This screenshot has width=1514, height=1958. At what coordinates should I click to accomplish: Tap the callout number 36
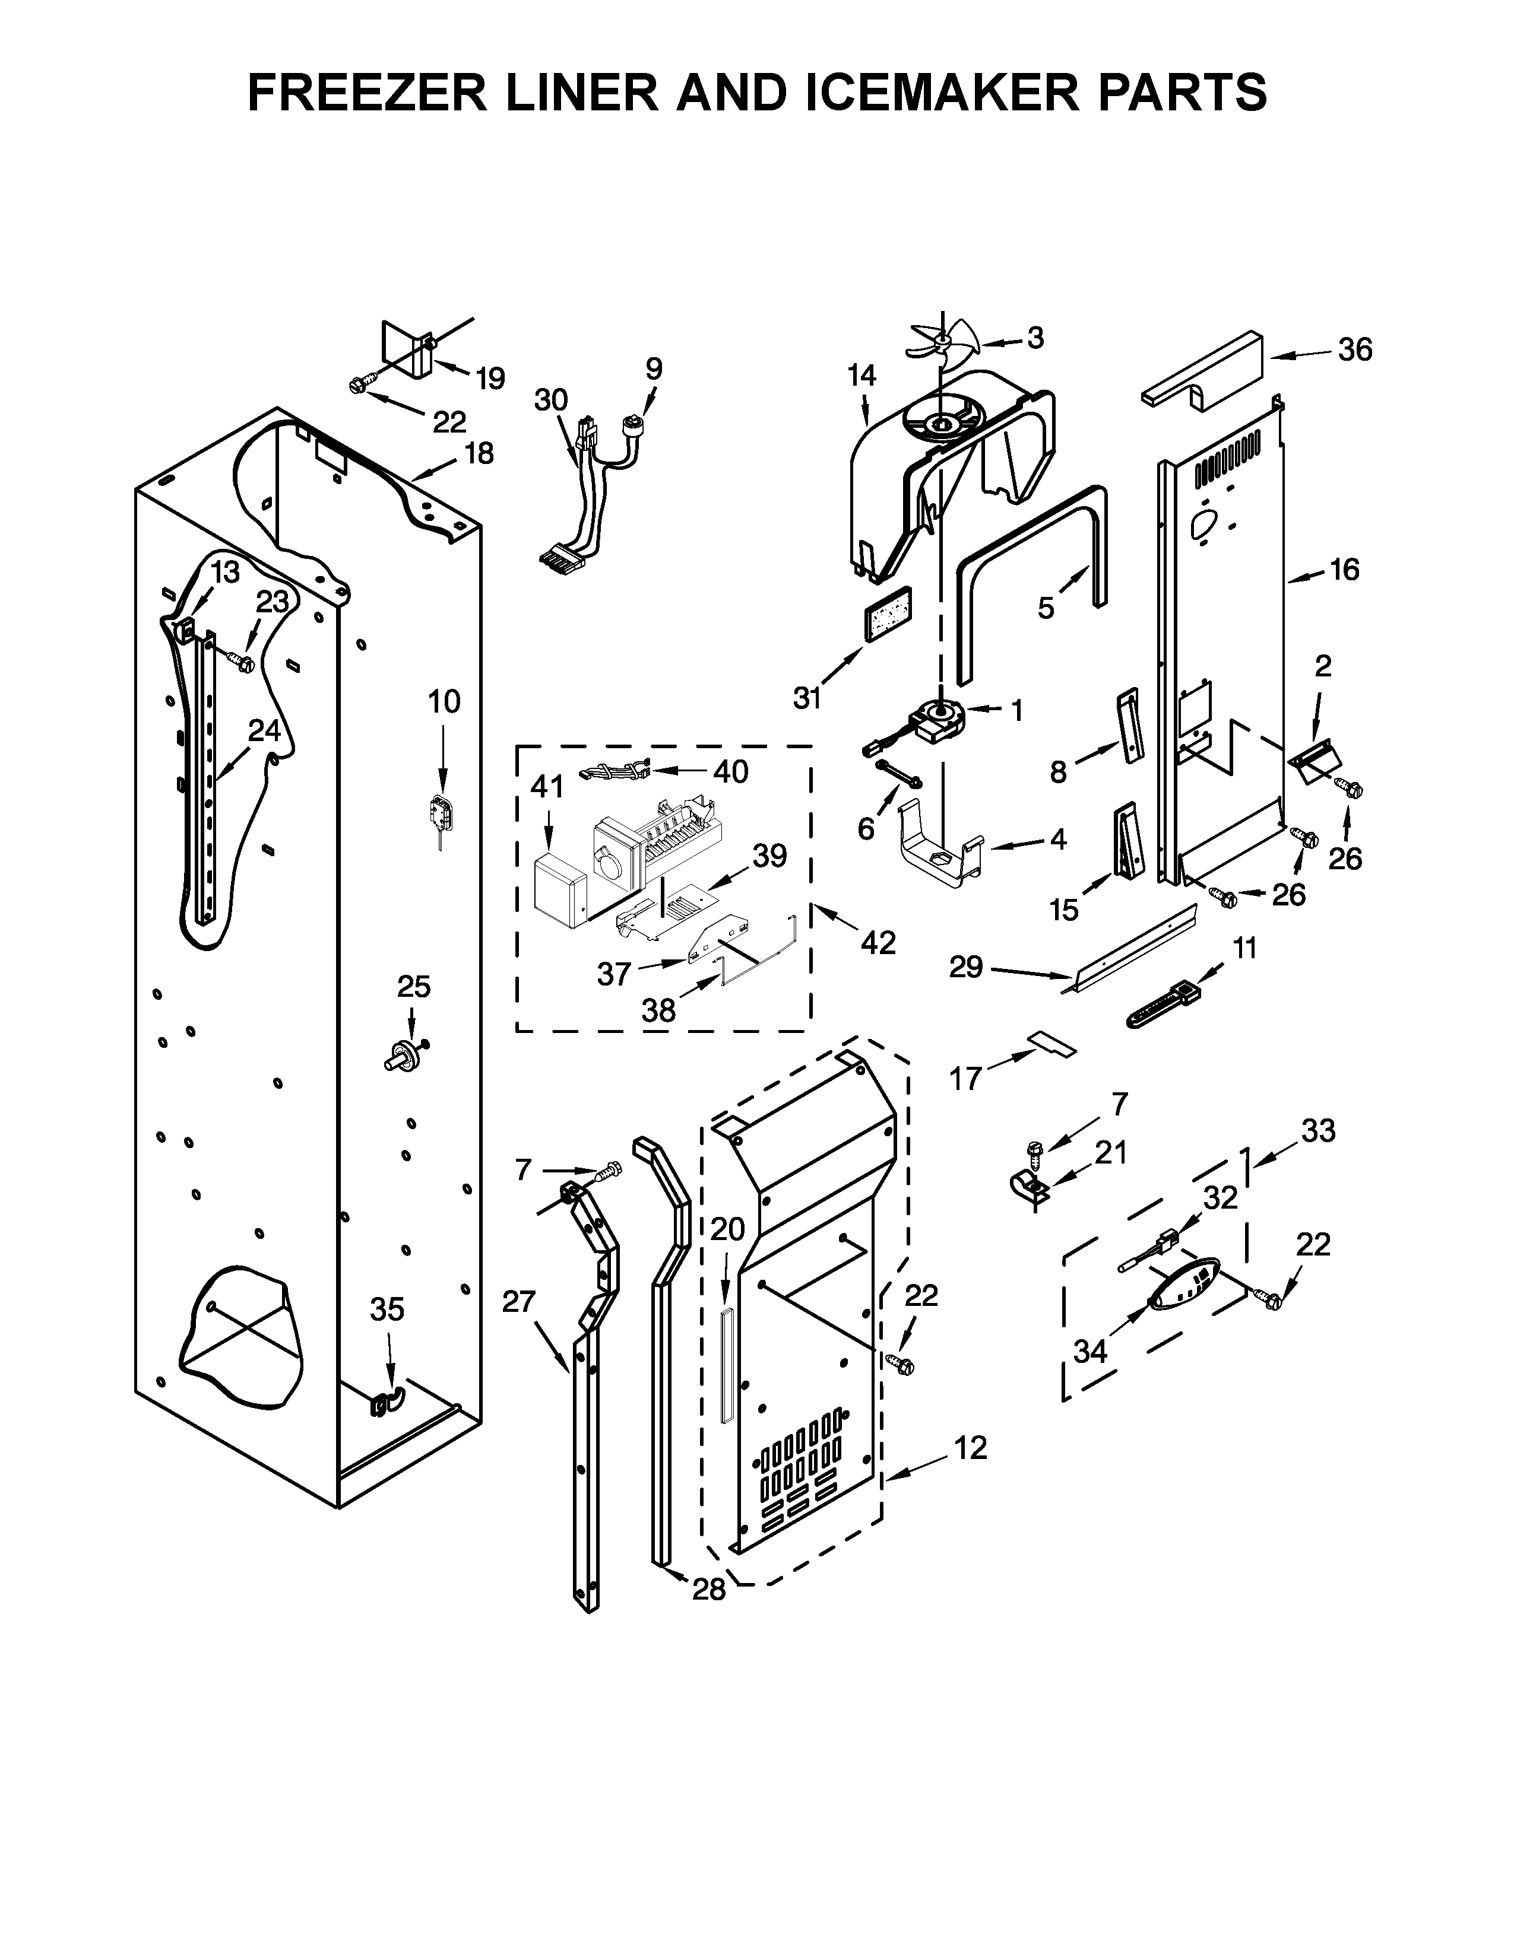pos(1354,349)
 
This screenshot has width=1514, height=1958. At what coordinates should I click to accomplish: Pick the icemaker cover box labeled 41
pos(558,889)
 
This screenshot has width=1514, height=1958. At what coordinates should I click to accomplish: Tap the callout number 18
pos(479,454)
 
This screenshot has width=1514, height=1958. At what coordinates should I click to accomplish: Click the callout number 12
pos(971,1447)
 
